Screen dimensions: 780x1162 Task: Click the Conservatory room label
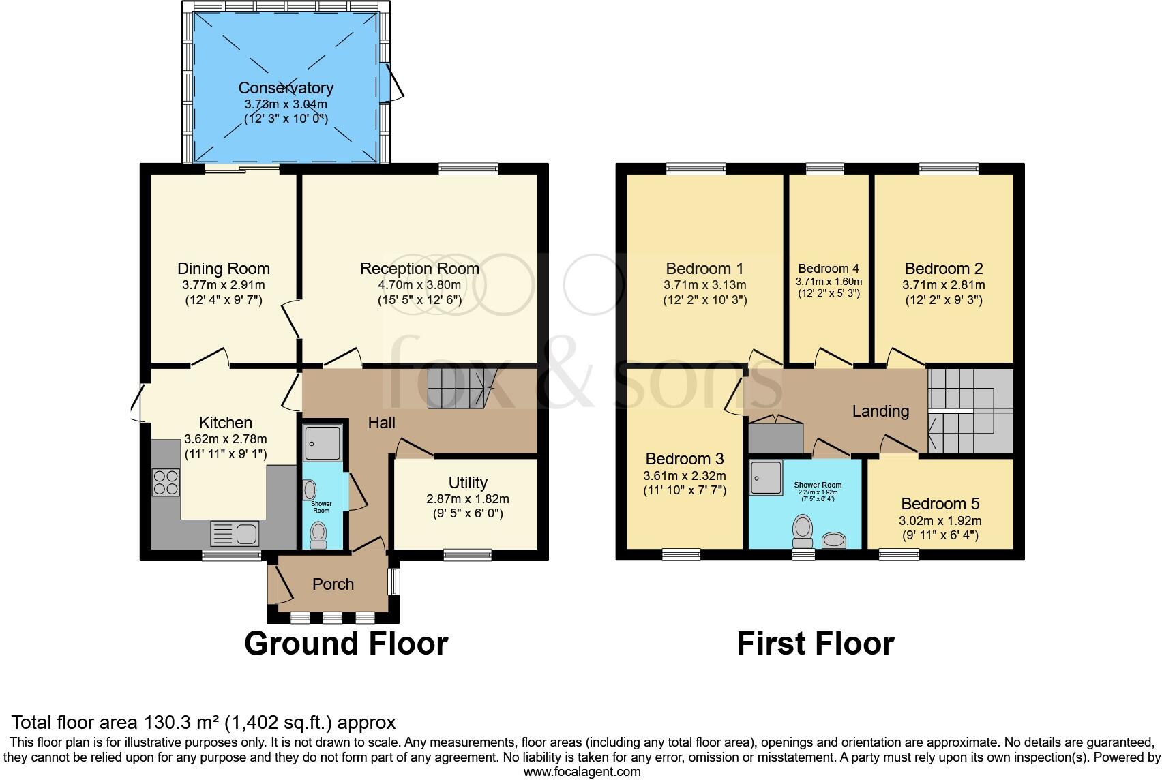pyautogui.click(x=286, y=88)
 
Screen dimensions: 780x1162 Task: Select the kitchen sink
pyautogui.click(x=234, y=532)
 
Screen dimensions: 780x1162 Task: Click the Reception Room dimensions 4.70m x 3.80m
pyautogui.click(x=419, y=285)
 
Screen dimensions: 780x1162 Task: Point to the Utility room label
pyautogui.click(x=468, y=483)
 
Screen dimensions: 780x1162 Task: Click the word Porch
pyautogui.click(x=333, y=584)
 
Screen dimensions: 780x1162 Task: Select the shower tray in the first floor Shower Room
pyautogui.click(x=765, y=477)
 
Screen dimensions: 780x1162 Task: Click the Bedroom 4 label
pyautogui.click(x=829, y=269)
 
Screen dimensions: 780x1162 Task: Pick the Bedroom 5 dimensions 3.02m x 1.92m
pyautogui.click(x=940, y=520)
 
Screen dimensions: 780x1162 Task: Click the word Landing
pyautogui.click(x=880, y=411)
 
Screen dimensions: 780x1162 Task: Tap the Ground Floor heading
pyautogui.click(x=346, y=644)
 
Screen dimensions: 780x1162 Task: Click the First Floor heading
pyautogui.click(x=815, y=644)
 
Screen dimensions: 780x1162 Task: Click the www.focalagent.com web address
pyautogui.click(x=582, y=772)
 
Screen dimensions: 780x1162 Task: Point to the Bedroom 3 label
pyautogui.click(x=685, y=459)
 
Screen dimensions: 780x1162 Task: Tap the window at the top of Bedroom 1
pyautogui.click(x=696, y=168)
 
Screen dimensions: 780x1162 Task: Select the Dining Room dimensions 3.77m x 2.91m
pyautogui.click(x=224, y=285)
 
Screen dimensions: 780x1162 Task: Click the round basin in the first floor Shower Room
pyautogui.click(x=833, y=541)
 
